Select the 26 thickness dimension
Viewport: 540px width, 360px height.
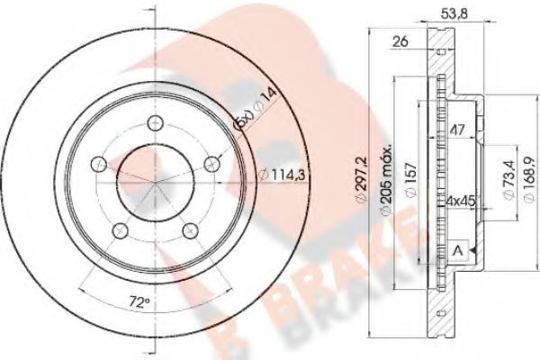click(402, 41)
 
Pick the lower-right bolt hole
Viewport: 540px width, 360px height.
click(191, 231)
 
